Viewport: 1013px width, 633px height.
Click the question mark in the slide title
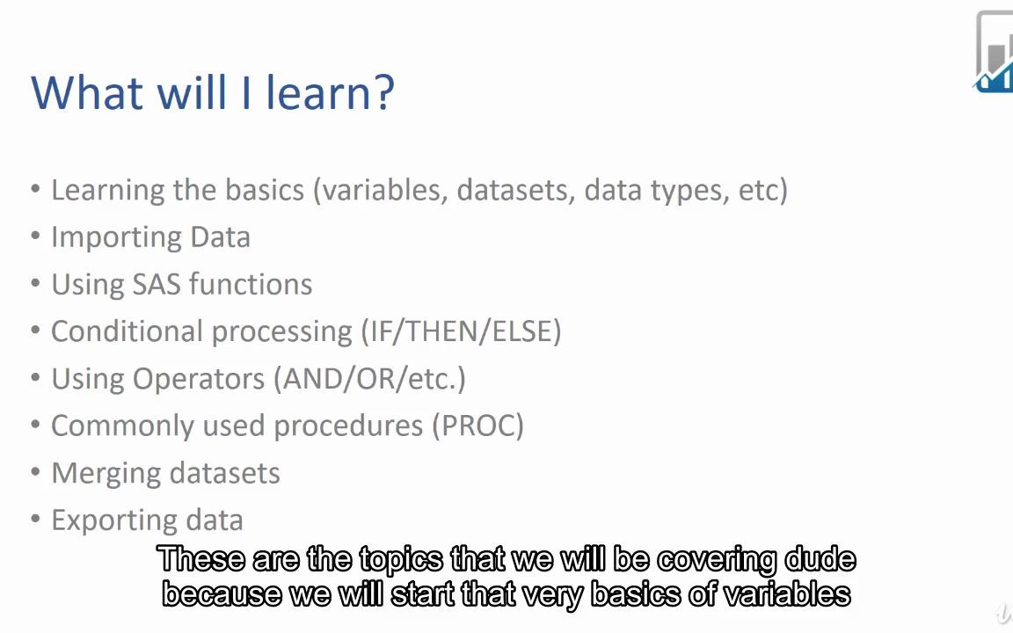pyautogui.click(x=384, y=92)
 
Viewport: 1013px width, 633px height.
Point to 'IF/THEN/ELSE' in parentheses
pyautogui.click(x=461, y=331)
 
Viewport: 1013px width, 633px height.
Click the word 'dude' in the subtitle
pyautogui.click(x=820, y=560)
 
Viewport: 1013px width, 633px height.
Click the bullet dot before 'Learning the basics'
pyautogui.click(x=35, y=190)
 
